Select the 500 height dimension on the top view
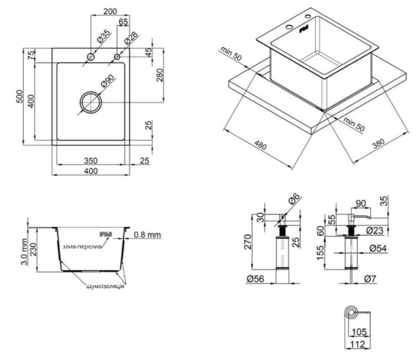coord(20,97)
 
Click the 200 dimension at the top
coord(111,11)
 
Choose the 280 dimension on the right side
coord(160,76)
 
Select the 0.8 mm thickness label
coord(146,234)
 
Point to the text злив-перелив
coord(82,246)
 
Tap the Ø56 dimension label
coord(256,279)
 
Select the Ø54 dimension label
coord(377,248)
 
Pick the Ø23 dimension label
coord(376,230)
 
